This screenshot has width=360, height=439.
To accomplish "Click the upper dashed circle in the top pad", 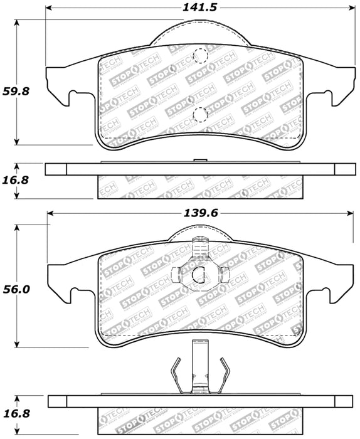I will click(x=200, y=55).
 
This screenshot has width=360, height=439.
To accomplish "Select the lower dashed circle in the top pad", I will click(x=200, y=114).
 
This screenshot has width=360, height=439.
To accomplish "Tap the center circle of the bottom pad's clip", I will click(x=201, y=274).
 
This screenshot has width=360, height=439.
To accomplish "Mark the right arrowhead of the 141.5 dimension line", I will click(x=349, y=9).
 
